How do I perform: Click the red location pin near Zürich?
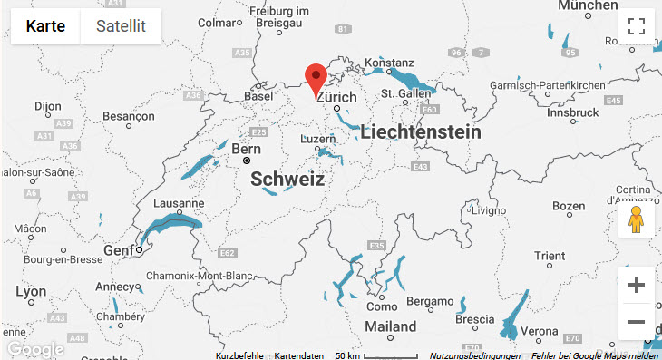click(316, 79)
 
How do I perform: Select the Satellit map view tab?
click(121, 25)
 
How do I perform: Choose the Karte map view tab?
click(45, 25)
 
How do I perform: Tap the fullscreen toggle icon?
click(636, 26)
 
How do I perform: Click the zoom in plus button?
click(636, 285)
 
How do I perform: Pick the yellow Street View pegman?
click(636, 219)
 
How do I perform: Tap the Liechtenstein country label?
click(421, 132)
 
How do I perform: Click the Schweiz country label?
click(287, 180)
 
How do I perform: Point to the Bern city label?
click(247, 149)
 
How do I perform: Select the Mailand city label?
click(390, 326)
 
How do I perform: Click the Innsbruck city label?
click(573, 113)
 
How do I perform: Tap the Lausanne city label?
click(180, 203)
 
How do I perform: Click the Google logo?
click(34, 349)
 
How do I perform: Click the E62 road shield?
click(228, 252)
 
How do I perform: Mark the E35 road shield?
click(376, 246)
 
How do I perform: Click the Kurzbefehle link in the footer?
click(240, 355)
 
